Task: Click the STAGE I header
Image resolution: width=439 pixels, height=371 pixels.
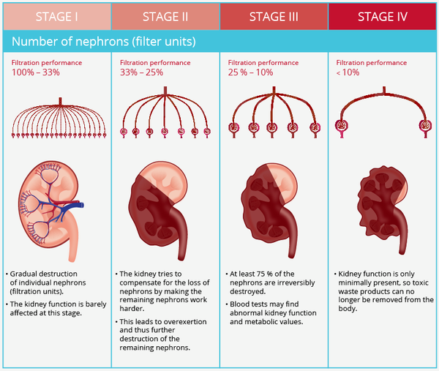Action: (56, 16)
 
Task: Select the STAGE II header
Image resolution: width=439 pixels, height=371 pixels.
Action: (165, 16)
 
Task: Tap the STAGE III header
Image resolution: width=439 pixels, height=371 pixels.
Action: (274, 16)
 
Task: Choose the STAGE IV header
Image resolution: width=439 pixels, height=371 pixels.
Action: (383, 16)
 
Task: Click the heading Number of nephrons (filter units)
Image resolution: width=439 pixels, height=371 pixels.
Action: (103, 41)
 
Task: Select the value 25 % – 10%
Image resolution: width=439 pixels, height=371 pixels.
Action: (251, 73)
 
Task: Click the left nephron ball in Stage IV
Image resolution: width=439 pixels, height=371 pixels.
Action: (341, 127)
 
